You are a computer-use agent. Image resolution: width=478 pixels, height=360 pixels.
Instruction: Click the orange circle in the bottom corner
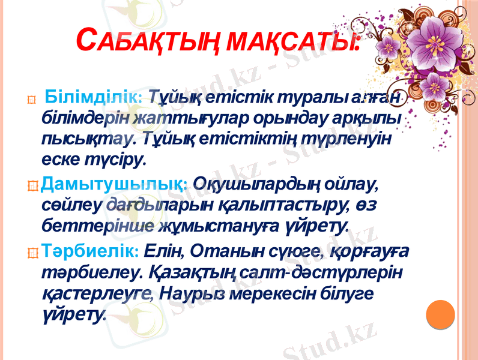(445, 317)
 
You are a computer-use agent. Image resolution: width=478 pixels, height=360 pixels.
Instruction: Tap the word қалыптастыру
(273, 204)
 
